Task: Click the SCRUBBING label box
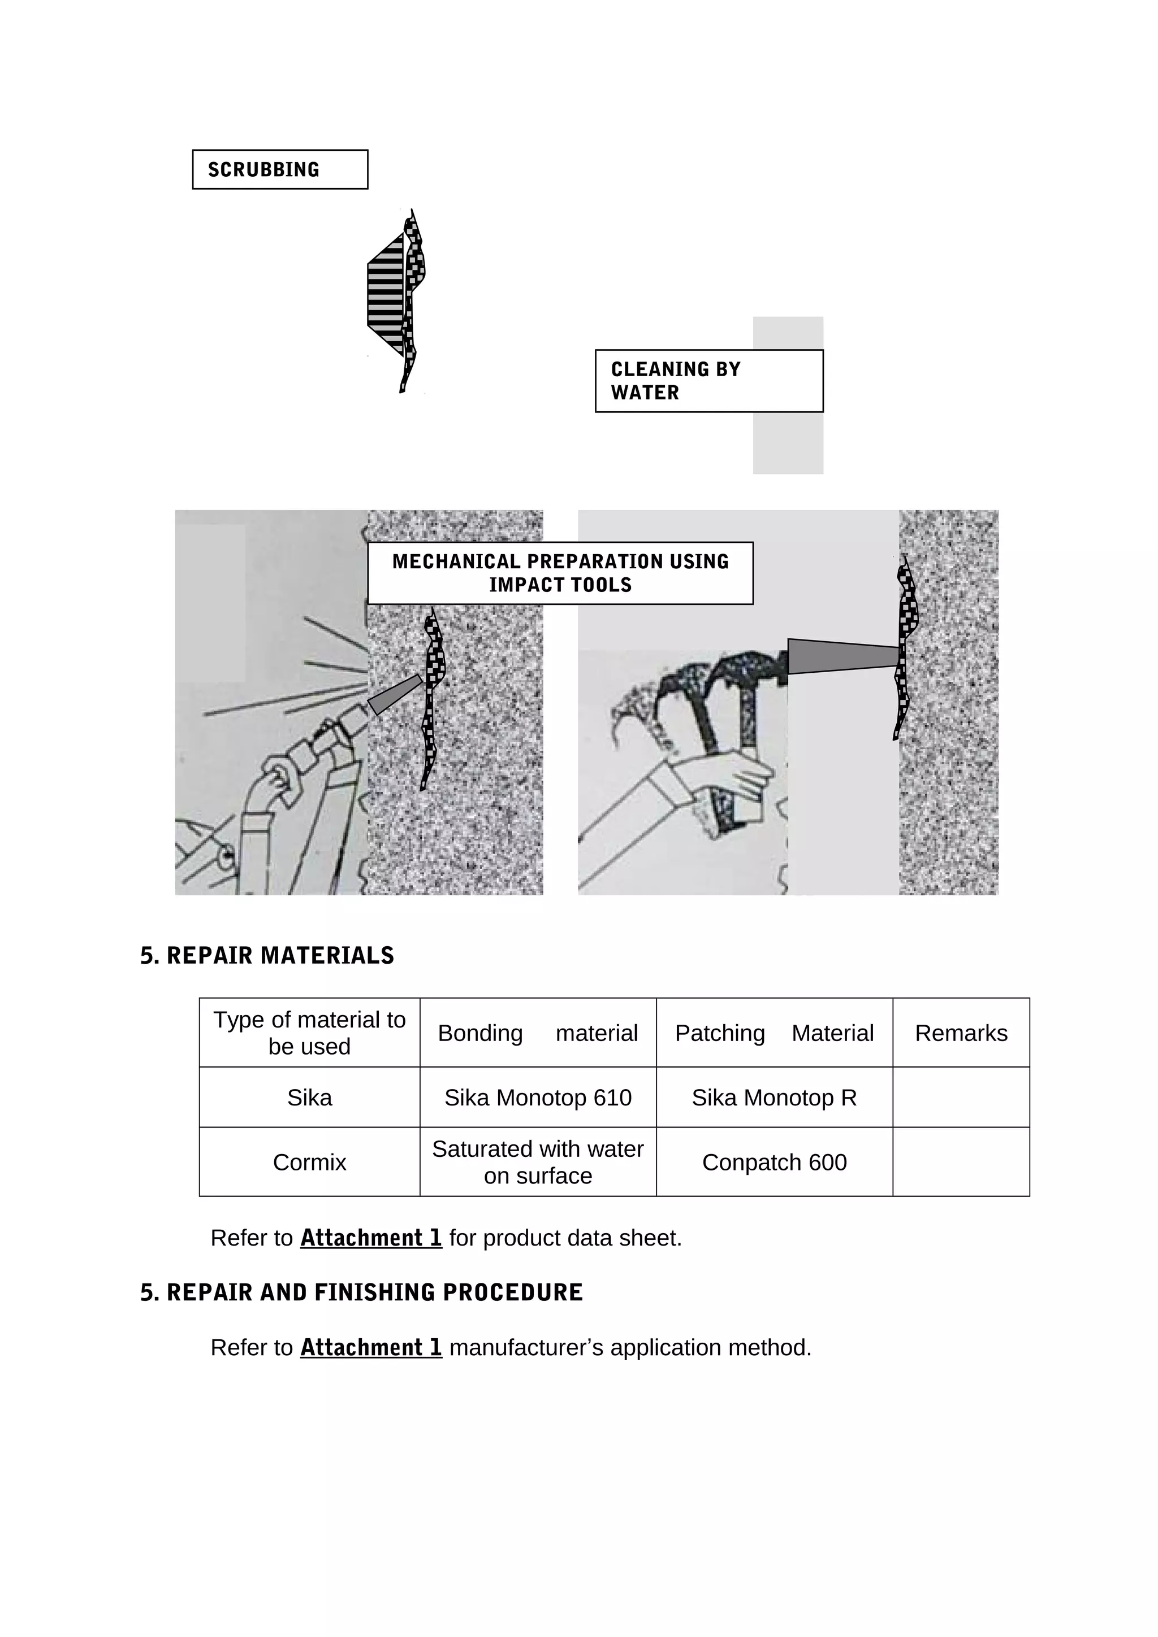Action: pyautogui.click(x=280, y=169)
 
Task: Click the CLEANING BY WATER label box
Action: pyautogui.click(x=708, y=381)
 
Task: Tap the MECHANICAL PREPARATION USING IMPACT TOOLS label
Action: pyautogui.click(x=560, y=573)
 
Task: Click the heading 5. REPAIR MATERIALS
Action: pyautogui.click(x=267, y=955)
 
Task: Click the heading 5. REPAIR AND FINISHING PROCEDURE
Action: pyautogui.click(x=361, y=1292)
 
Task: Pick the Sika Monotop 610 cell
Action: pyautogui.click(x=537, y=1098)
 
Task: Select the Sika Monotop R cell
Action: pyautogui.click(x=774, y=1098)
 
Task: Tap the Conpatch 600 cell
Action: pyautogui.click(x=774, y=1162)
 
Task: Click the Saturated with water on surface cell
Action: pyautogui.click(x=537, y=1162)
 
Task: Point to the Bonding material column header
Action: pyautogui.click(x=537, y=1033)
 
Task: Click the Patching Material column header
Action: pyautogui.click(x=774, y=1033)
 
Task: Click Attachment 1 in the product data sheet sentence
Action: pyautogui.click(x=370, y=1238)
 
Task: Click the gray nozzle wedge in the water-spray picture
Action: pyautogui.click(x=395, y=694)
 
